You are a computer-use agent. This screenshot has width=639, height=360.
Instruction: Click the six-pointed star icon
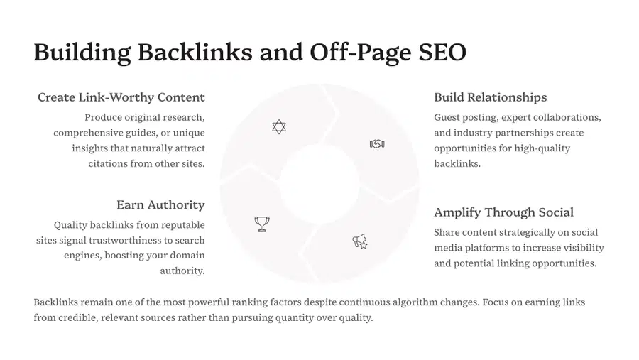279,127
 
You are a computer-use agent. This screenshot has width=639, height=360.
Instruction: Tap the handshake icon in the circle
377,144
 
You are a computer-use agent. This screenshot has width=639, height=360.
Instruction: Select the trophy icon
261,224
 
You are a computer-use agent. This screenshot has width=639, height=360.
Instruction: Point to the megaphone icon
360,241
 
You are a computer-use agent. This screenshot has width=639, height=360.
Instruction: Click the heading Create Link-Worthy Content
121,97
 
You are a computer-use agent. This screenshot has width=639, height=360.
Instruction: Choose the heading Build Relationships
490,97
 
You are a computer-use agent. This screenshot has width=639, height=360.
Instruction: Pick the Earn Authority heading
160,204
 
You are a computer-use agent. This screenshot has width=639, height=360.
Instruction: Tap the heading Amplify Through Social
503,212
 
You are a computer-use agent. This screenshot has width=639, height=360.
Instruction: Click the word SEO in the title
442,52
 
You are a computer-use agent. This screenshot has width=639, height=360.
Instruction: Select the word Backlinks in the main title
195,52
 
